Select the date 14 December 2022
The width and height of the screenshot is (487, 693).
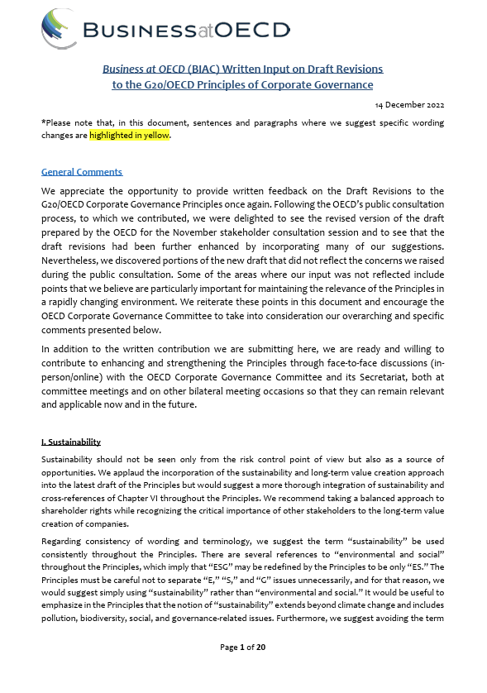coord(411,105)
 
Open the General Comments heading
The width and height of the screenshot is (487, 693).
coord(82,172)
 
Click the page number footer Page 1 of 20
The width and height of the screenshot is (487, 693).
coord(242,670)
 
